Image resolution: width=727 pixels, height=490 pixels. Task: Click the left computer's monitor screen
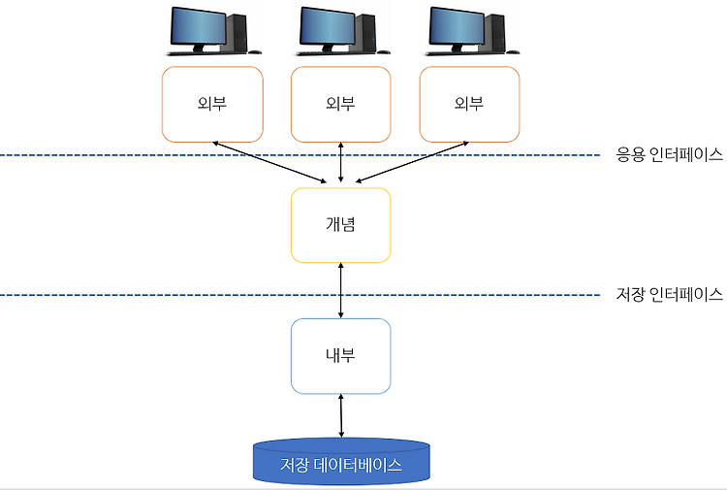(x=199, y=26)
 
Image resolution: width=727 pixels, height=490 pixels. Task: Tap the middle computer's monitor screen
(x=328, y=26)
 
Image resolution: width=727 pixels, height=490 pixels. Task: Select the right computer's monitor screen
(x=457, y=26)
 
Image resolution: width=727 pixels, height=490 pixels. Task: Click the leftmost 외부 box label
(x=212, y=103)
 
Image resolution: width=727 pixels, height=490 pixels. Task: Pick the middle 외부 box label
(x=340, y=103)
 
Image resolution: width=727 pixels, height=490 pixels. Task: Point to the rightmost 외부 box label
(x=469, y=103)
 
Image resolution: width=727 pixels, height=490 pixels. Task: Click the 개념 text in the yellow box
(x=340, y=224)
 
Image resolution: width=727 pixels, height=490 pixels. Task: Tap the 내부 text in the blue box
(x=340, y=355)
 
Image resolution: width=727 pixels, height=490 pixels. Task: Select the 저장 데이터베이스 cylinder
(x=341, y=462)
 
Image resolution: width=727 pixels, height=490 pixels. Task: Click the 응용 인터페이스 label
(x=669, y=154)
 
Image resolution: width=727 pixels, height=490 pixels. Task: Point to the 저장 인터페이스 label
(x=669, y=294)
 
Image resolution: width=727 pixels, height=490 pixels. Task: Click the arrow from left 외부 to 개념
(x=269, y=162)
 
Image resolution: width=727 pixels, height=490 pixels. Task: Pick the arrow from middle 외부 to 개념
(x=341, y=162)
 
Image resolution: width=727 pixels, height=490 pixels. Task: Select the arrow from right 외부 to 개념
(x=412, y=162)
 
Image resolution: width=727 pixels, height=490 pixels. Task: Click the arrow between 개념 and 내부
(x=341, y=290)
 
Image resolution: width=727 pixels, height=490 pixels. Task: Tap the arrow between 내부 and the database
(x=341, y=415)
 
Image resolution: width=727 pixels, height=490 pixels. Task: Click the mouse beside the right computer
(x=513, y=52)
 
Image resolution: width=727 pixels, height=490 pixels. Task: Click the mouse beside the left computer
(x=255, y=52)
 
